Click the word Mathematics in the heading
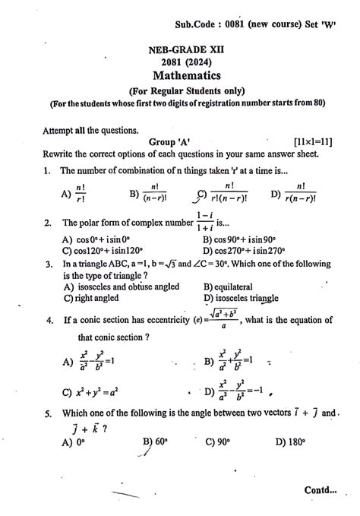(x=186, y=75)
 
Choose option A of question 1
(x=76, y=194)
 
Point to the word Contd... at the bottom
(x=321, y=490)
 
